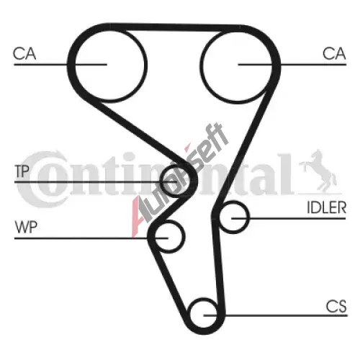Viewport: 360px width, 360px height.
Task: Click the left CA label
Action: pyautogui.click(x=24, y=54)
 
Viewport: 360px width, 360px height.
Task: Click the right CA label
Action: pyautogui.click(x=334, y=54)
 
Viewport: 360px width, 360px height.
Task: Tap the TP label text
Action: pyautogui.click(x=22, y=171)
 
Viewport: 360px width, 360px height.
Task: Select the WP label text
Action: pyautogui.click(x=26, y=228)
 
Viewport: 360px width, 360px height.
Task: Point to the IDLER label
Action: pyautogui.click(x=327, y=207)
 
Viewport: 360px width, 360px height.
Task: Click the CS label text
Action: pyautogui.click(x=336, y=307)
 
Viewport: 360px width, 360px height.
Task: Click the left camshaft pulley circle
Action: pyautogui.click(x=145, y=65)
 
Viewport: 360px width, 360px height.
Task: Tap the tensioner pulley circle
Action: pyautogui.click(x=161, y=181)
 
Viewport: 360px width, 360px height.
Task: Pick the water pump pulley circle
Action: pyautogui.click(x=184, y=235)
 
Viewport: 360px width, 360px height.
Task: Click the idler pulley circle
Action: pyautogui.click(x=248, y=217)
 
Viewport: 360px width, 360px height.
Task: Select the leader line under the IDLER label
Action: pyautogui.click(x=289, y=218)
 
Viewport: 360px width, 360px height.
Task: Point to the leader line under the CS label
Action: pyautogui.click(x=275, y=315)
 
